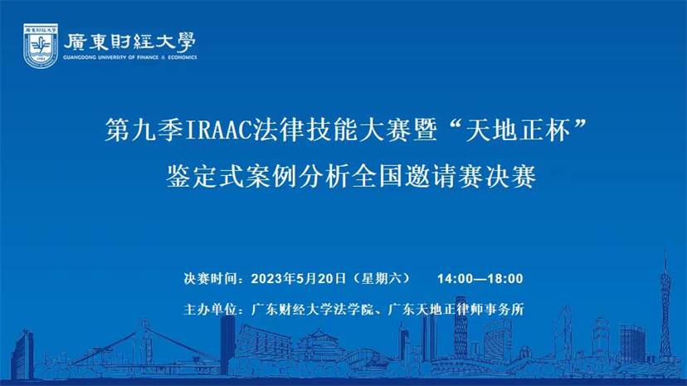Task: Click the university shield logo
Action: coord(41,46)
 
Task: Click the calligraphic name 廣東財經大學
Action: coord(130,42)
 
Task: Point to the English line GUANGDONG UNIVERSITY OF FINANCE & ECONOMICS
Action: coord(130,57)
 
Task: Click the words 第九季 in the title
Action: coord(144,130)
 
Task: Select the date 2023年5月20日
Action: coord(299,278)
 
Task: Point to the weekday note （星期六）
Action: coord(381,278)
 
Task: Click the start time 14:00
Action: coord(455,279)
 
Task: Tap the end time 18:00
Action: coord(505,279)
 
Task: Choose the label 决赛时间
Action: coord(210,278)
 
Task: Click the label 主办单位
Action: coord(210,310)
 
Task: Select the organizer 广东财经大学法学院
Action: coord(312,310)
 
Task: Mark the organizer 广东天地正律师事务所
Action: coord(456,310)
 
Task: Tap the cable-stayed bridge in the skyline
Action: coord(144,346)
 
